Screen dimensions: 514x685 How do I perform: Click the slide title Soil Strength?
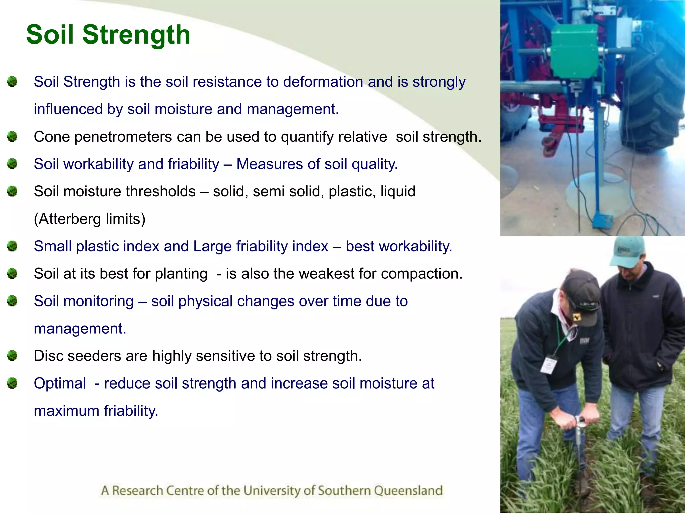pyautogui.click(x=108, y=34)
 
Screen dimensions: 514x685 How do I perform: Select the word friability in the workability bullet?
pyautogui.click(x=193, y=164)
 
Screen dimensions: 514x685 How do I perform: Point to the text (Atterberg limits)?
pyautogui.click(x=90, y=219)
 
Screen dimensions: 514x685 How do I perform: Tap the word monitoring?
pyautogui.click(x=98, y=302)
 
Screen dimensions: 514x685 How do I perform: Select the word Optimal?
pyautogui.click(x=60, y=383)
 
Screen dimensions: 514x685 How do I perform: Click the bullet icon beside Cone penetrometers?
pyautogui.click(x=12, y=137)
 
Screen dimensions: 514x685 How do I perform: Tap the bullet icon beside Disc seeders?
pyautogui.click(x=12, y=356)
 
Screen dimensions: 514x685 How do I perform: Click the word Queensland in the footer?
pyautogui.click(x=408, y=491)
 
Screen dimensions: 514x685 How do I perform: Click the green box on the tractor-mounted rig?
pyautogui.click(x=574, y=50)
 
